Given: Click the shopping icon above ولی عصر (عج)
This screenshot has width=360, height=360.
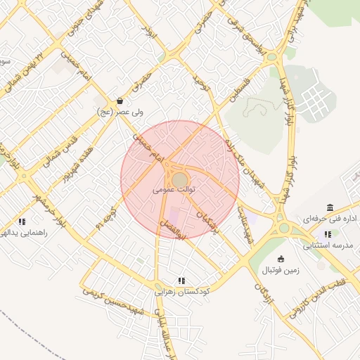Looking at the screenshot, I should click(x=120, y=101).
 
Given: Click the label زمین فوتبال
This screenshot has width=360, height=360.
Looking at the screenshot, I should click(x=281, y=270).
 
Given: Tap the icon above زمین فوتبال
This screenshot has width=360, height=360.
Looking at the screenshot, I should click(x=281, y=259).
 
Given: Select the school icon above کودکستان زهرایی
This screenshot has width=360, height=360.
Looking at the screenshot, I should click(x=181, y=280).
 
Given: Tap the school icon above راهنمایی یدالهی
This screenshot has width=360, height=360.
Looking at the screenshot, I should click(x=22, y=221).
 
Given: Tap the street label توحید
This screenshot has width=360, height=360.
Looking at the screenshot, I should click(x=202, y=85).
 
